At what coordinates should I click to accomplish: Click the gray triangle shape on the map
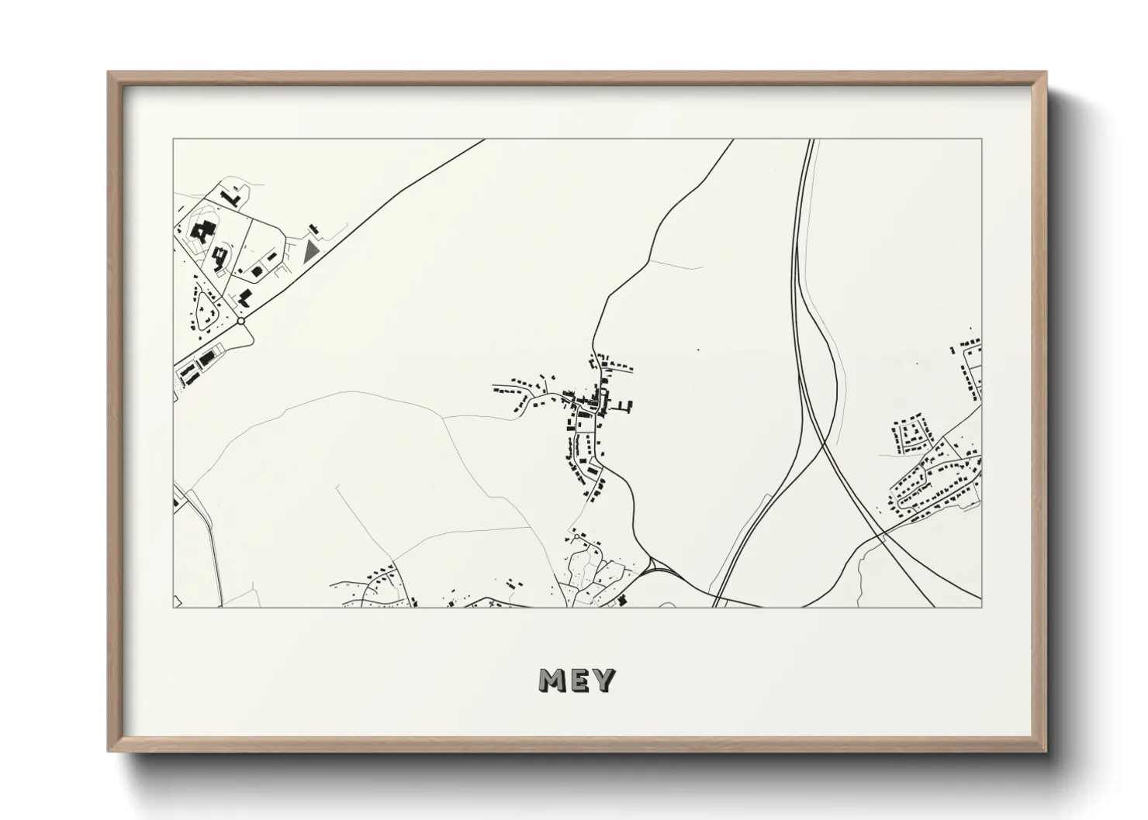coord(311,250)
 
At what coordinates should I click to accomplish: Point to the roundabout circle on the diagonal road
coord(241,320)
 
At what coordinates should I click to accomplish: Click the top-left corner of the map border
coord(173,140)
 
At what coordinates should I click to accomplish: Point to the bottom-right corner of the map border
coord(981,607)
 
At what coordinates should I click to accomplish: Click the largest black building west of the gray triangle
coord(204,232)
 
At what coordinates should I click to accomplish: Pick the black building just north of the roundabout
coord(245,298)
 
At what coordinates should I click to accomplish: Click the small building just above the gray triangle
coord(314,229)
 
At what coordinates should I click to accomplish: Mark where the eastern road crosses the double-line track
coord(883,534)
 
